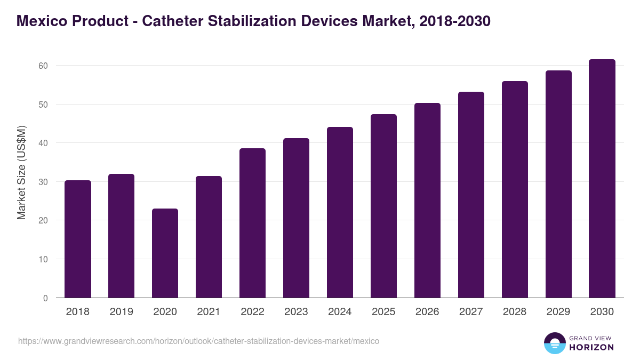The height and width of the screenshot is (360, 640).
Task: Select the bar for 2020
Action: click(x=165, y=253)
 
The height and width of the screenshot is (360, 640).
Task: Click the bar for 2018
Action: click(x=77, y=239)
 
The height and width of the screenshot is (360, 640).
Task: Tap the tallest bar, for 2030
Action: click(x=602, y=179)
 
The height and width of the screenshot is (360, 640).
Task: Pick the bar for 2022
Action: click(x=252, y=223)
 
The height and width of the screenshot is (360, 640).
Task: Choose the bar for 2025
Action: click(x=383, y=206)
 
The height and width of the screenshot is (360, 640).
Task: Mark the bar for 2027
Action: click(x=471, y=195)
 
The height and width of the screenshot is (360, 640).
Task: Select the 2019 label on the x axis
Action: click(x=121, y=312)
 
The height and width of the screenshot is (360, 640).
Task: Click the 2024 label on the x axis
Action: click(x=340, y=312)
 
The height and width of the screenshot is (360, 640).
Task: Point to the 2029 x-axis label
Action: click(x=558, y=312)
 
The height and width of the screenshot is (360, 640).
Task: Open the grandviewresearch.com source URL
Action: click(x=198, y=341)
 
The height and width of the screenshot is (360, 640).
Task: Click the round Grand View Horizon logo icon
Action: click(x=554, y=343)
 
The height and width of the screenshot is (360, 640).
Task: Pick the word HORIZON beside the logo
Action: click(x=591, y=347)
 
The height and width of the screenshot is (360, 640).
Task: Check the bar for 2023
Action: click(x=296, y=218)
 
